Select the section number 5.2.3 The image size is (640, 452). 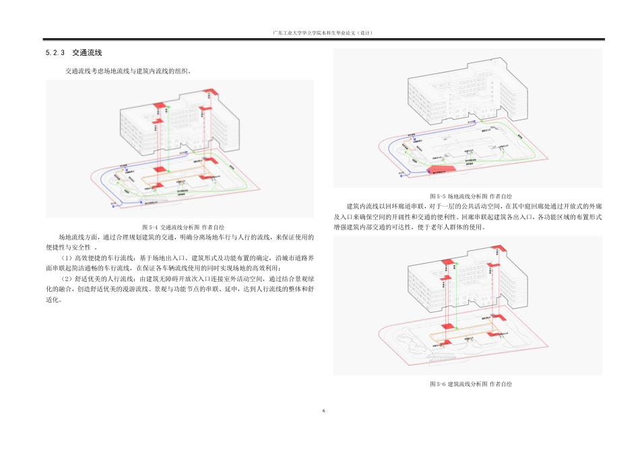coord(53,52)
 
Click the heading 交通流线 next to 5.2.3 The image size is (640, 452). coord(87,52)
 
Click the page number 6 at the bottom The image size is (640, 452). coord(323,411)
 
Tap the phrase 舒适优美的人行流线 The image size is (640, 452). coord(101,278)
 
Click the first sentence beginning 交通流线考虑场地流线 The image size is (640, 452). coord(128,70)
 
